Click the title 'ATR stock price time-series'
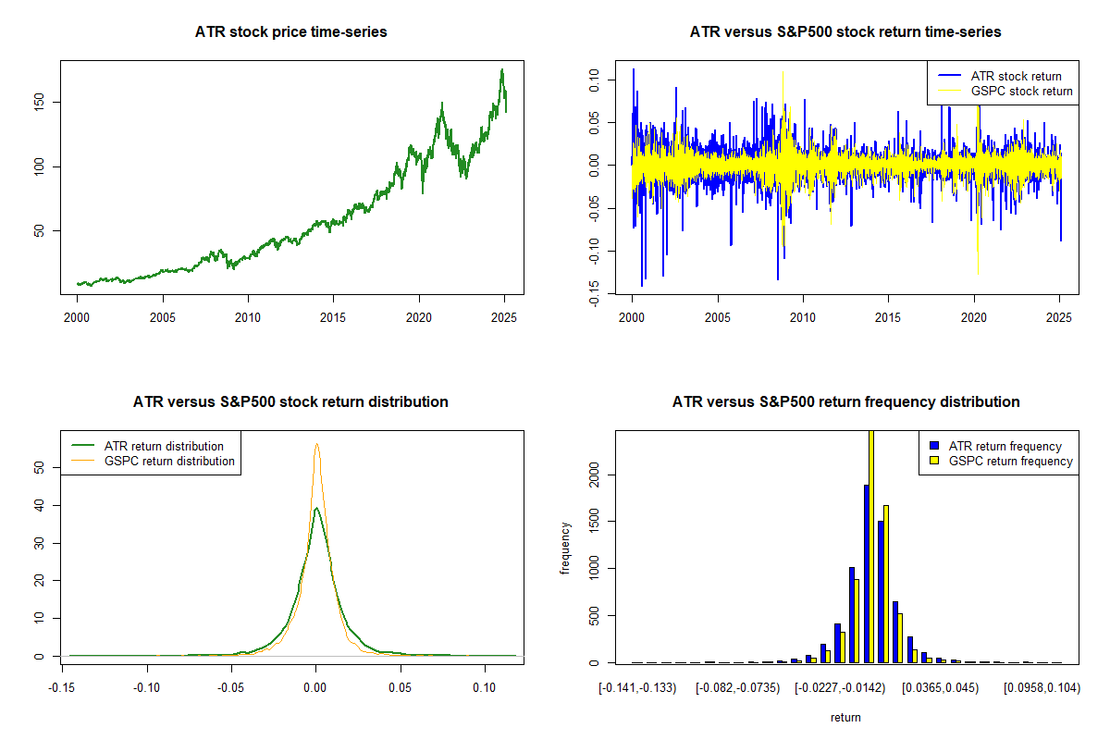click(x=290, y=32)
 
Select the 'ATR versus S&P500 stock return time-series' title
click(x=845, y=32)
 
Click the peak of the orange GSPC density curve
click(x=316, y=444)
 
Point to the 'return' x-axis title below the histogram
click(x=845, y=717)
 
